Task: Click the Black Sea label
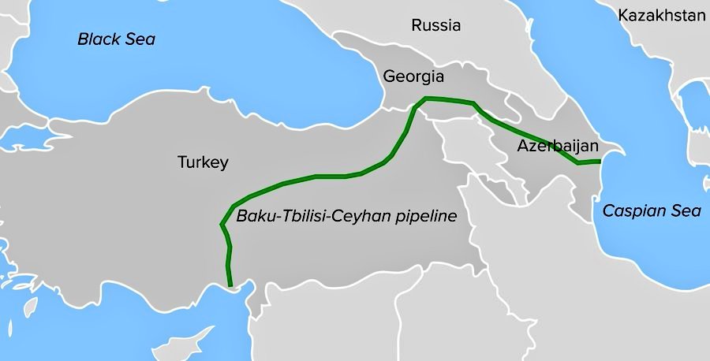tap(116, 39)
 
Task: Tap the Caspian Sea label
tap(640, 210)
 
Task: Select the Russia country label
tap(435, 25)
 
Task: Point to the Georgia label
tap(413, 76)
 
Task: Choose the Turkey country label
tap(203, 163)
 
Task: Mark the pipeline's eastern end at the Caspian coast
tap(600, 162)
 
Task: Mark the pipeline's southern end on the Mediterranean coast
tap(230, 285)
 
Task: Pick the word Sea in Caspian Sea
tap(666, 210)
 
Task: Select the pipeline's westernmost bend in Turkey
tap(220, 225)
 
